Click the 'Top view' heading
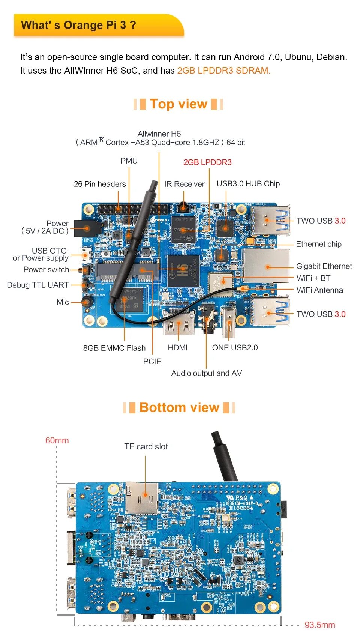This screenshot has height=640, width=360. tap(178, 104)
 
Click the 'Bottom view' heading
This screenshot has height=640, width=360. tap(179, 407)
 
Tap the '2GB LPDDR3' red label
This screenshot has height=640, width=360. tap(207, 162)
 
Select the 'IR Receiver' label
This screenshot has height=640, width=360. tap(184, 184)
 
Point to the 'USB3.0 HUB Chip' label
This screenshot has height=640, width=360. tap(248, 184)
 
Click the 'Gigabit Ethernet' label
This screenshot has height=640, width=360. tap(324, 266)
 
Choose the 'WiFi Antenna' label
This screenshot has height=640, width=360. tap(319, 290)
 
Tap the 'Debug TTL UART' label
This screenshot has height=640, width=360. tap(38, 285)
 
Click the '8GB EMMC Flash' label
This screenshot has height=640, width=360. tap(114, 348)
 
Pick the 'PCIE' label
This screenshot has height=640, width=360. tap(152, 361)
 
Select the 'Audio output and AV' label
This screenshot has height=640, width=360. tap(207, 373)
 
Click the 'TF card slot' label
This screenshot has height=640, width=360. tap(146, 446)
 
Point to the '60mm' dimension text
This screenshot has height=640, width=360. tap(57, 440)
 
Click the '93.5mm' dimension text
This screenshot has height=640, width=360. tap(319, 625)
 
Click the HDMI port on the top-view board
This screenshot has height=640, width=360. tap(179, 323)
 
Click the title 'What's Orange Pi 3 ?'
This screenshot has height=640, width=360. tap(78, 25)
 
